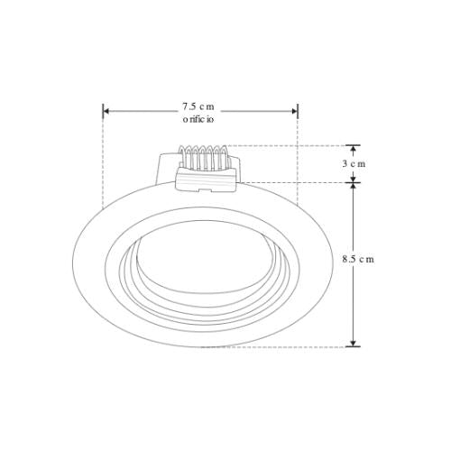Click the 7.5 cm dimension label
click(x=199, y=106)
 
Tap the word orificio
click(x=199, y=119)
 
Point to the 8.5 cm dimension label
click(x=358, y=259)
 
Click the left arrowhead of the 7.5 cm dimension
click(x=106, y=112)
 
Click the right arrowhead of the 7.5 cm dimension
click(x=294, y=112)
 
